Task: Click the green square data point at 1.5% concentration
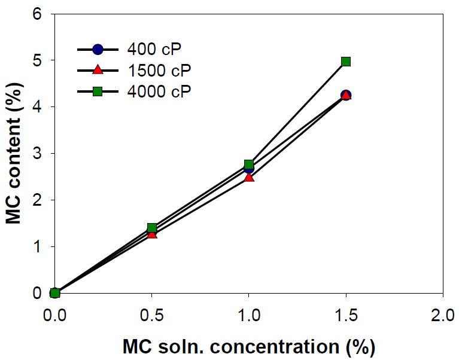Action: point(346,62)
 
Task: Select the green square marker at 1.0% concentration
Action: point(249,164)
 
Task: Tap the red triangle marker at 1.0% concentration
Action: point(249,177)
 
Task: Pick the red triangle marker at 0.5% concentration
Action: point(152,234)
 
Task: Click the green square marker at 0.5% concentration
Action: point(152,227)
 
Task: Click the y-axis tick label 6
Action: point(37,14)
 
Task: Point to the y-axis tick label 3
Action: point(37,154)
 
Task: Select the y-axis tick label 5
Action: point(37,60)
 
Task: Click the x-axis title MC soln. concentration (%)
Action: point(249,346)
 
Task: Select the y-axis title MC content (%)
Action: point(14,154)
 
